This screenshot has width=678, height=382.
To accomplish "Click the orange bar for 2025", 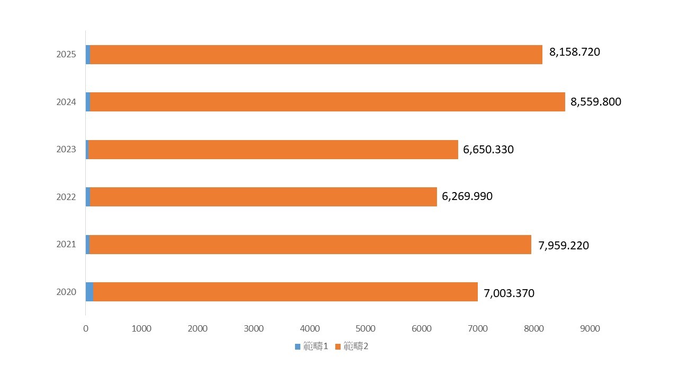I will click(x=316, y=55).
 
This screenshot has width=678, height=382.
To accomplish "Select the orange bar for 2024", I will click(x=327, y=102).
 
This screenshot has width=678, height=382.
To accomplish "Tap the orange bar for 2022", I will click(x=263, y=197).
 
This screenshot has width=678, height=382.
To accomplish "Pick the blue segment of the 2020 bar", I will click(x=90, y=292).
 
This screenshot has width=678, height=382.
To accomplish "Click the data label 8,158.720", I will click(x=575, y=53).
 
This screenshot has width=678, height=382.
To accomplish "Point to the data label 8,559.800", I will click(x=596, y=102).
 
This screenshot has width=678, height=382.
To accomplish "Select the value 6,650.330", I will click(x=488, y=150).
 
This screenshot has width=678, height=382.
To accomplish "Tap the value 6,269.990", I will click(x=467, y=197).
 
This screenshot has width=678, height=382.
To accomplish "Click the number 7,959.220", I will click(x=564, y=246).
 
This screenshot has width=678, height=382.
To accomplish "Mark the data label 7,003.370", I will click(x=509, y=293).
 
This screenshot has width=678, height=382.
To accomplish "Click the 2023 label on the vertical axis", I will click(x=66, y=150).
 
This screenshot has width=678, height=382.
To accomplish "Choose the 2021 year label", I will click(x=66, y=245).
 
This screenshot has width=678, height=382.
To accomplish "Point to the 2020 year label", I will click(x=66, y=292).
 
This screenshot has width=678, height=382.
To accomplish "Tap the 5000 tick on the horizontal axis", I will click(x=365, y=329).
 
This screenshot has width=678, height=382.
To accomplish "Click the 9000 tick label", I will click(x=590, y=329).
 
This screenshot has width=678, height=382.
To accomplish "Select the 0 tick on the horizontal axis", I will click(x=86, y=329).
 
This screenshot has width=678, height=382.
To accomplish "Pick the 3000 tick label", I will click(x=254, y=329).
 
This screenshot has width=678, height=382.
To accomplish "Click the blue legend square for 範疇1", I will click(x=298, y=347).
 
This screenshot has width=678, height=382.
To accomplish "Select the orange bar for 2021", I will click(x=310, y=245).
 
